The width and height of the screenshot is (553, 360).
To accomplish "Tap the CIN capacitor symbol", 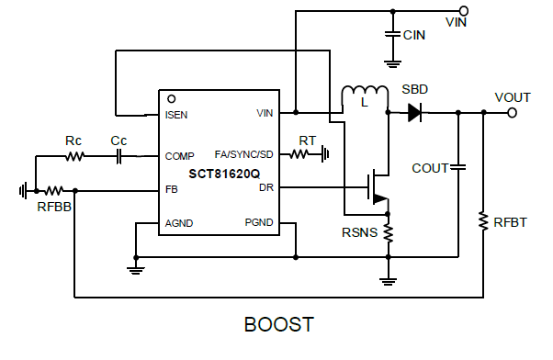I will coord(393,34).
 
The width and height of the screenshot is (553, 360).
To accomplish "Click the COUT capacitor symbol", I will coord(458,167).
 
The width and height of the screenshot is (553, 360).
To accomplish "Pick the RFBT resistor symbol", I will coord(483,221).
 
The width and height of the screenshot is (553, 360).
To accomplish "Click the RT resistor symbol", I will coord(302,154).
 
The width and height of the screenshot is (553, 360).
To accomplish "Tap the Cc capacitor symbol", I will coord(118,156).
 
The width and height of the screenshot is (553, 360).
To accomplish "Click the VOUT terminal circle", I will coord(512,113).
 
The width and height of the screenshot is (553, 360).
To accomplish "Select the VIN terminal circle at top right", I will coord(463,11).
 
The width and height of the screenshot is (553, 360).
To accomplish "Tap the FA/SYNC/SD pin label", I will coord(243,154).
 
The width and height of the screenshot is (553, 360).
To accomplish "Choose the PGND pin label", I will coord(259,223).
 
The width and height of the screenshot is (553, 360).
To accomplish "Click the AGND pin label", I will coord(180,223).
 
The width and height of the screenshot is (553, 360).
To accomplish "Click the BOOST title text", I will coord(278,325).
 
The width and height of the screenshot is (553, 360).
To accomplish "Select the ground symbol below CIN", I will coord(393,63).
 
